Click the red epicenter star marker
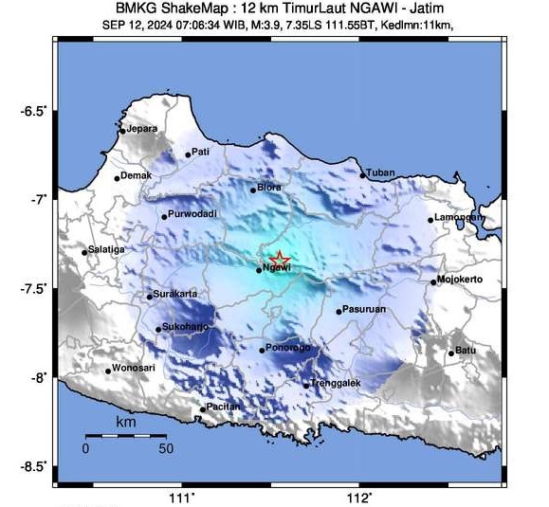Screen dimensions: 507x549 click(280, 259)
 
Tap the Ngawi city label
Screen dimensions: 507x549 click(276, 270)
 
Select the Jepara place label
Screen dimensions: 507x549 click(141, 129)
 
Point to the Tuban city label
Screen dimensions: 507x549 click(379, 172)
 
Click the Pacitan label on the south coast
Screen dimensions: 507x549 click(223, 407)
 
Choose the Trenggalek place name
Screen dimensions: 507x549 click(331, 383)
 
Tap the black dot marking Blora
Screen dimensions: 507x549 click(253, 190)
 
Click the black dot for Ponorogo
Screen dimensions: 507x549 click(262, 350)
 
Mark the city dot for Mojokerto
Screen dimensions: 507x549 click(433, 281)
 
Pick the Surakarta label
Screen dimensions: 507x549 click(175, 294)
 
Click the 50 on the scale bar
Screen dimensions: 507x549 click(165, 447)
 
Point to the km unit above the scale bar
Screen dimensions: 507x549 click(125, 422)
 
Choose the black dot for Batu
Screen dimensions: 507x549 click(451, 353)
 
